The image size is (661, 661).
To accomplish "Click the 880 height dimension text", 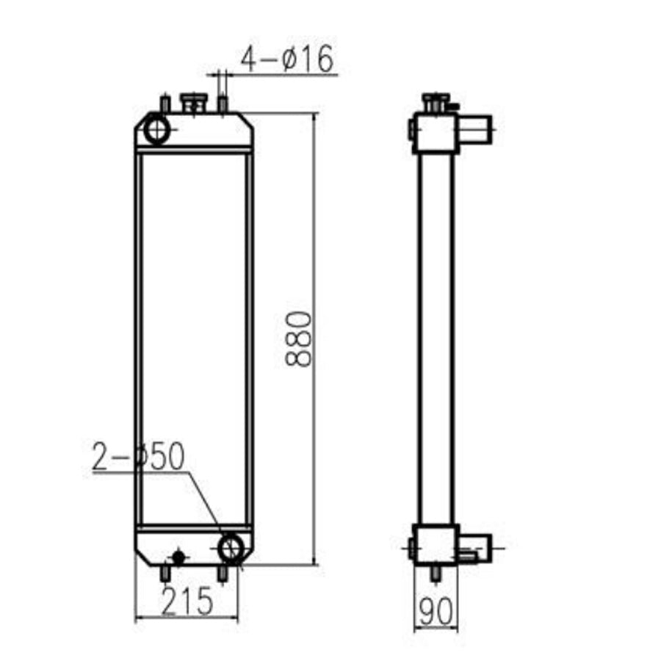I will [x=300, y=339].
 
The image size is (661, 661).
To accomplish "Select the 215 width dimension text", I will [x=187, y=602].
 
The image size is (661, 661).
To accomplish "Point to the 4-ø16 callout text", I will [x=287, y=59].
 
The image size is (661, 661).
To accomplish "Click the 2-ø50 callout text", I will [x=138, y=457].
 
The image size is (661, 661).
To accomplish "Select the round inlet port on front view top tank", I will [x=157, y=131].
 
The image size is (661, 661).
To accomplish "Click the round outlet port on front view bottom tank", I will [x=232, y=547].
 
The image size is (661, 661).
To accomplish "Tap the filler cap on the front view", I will [x=193, y=103].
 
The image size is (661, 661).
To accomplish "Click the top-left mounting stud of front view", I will [x=165, y=104].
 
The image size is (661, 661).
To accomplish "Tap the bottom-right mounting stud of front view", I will [x=223, y=573].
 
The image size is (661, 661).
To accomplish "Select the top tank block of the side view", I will [x=435, y=132].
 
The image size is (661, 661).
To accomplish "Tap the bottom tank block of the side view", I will [x=435, y=544].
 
